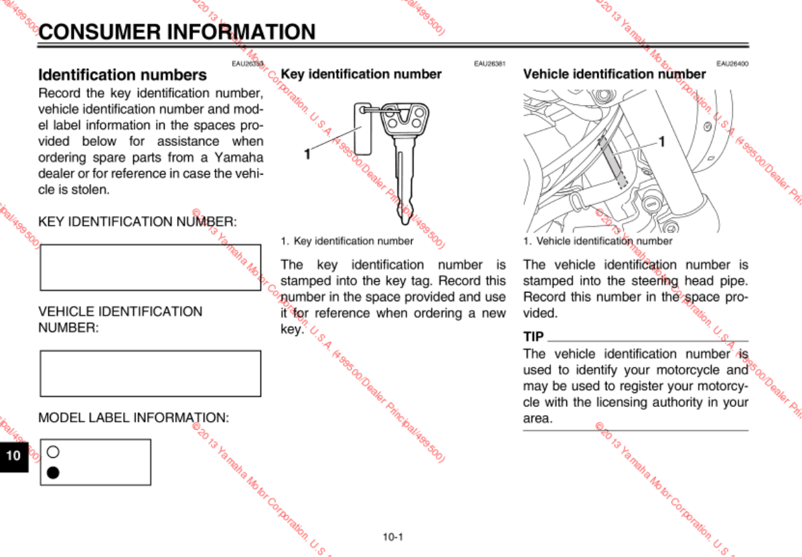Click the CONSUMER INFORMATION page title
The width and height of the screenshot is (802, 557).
pos(177,31)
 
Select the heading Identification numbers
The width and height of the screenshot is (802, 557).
pos(123,75)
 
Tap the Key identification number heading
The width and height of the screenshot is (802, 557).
pos(361,74)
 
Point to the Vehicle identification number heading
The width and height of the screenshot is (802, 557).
pos(614,74)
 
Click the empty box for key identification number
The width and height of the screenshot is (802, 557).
pos(150,267)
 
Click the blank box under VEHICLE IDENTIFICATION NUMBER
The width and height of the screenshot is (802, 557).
pos(150,373)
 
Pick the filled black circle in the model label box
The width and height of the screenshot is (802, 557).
pos(54,473)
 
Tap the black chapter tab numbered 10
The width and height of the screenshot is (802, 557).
pos(13,456)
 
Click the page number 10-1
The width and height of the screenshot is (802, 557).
pos(393,537)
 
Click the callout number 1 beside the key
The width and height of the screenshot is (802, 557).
pos(307,154)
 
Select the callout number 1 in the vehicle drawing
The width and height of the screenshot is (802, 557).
pos(661,141)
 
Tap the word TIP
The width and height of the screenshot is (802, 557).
pos(533,336)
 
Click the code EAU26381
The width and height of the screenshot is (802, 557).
pos(489,64)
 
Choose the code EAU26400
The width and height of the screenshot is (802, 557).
pos(732,64)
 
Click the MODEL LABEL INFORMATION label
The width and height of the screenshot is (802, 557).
pos(134,418)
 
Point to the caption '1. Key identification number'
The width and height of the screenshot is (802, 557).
pos(347,241)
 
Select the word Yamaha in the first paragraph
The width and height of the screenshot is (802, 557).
pos(240,157)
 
